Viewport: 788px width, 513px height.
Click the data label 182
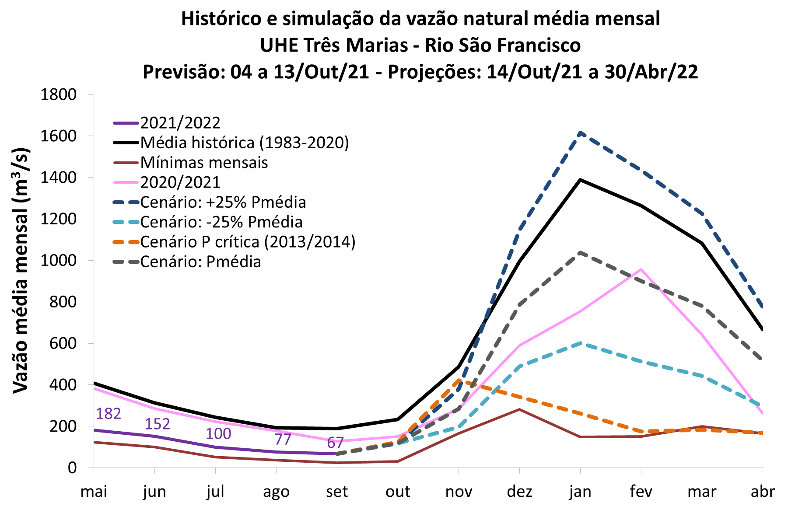coord(108,413)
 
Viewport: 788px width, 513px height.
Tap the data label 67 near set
coord(335,443)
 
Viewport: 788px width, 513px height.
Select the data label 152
coord(157,424)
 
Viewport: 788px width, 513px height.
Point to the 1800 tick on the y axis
coord(58,94)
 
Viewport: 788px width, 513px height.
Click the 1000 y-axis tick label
coord(58,260)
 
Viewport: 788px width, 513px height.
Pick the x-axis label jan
coord(580,492)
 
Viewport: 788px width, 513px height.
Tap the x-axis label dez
coord(519,492)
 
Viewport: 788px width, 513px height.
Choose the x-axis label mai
coord(94,492)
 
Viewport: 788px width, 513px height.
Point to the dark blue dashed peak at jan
coord(580,133)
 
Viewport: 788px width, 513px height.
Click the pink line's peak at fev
coord(641,269)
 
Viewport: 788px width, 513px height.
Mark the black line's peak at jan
coord(580,180)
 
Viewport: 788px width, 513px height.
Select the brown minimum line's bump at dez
coord(519,409)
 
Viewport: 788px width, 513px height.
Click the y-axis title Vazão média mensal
coord(21,271)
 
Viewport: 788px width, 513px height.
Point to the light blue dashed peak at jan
coord(580,343)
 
